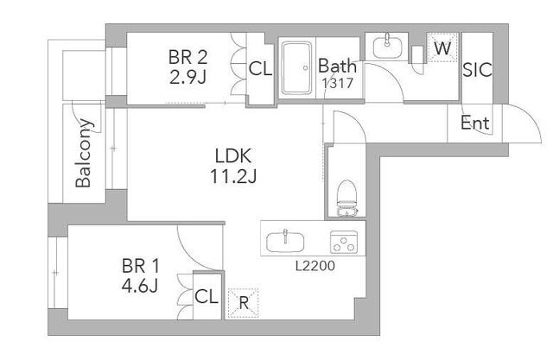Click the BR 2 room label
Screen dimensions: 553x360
point(188,57)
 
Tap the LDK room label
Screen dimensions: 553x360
point(233,155)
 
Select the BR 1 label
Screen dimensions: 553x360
point(140,266)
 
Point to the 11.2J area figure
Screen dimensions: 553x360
point(233,176)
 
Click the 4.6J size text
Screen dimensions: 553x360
point(140,287)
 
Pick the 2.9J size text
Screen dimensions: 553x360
point(188,78)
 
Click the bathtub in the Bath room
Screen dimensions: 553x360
point(296,67)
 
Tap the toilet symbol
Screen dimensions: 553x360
point(347,198)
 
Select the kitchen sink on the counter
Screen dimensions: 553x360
point(285,241)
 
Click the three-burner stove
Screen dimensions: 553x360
point(344,242)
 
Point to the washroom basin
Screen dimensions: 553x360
point(387,47)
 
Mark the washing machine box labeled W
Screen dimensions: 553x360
point(442,47)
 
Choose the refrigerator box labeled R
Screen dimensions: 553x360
point(243,303)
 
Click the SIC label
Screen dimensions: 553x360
point(477,70)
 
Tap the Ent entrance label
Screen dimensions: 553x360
point(475,123)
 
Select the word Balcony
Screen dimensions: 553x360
point(85,153)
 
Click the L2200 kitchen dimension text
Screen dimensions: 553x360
point(315,266)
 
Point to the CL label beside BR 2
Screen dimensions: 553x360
point(260,69)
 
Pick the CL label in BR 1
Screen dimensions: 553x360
point(207,296)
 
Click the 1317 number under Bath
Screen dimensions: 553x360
point(337,83)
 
